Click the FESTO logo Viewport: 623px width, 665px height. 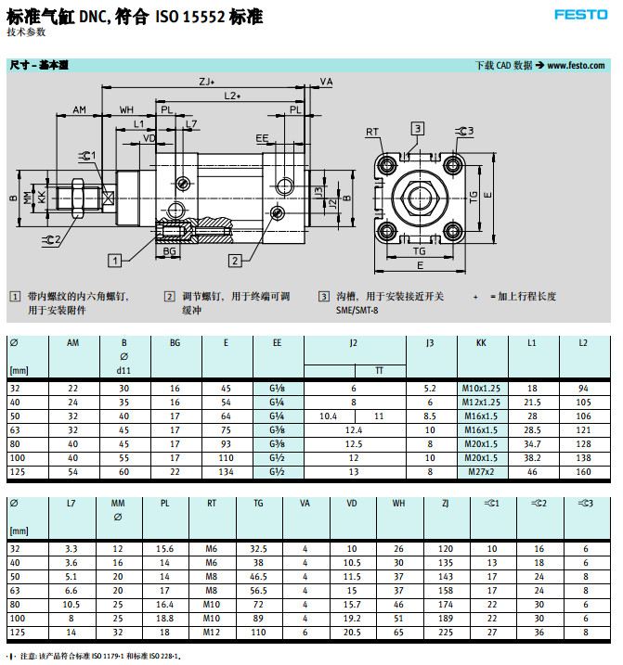tap(581, 14)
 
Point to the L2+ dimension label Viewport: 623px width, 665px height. tap(233, 96)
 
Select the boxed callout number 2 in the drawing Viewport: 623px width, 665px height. tap(236, 260)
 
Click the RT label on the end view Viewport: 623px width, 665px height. tap(373, 132)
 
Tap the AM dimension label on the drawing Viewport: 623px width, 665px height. tap(80, 109)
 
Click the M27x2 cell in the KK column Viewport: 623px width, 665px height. tap(481, 472)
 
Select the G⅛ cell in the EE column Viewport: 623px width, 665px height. tap(278, 389)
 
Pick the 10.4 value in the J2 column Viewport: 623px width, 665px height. tap(328, 416)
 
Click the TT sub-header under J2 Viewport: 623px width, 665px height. tap(379, 370)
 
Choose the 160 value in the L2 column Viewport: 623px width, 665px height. tap(583, 472)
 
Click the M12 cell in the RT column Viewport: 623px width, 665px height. tap(212, 633)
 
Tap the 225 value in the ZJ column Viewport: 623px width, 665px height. tap(446, 633)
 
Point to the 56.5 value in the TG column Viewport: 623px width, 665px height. tap(259, 591)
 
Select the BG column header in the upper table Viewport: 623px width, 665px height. tap(175, 343)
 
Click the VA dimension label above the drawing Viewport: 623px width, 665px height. tap(327, 83)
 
